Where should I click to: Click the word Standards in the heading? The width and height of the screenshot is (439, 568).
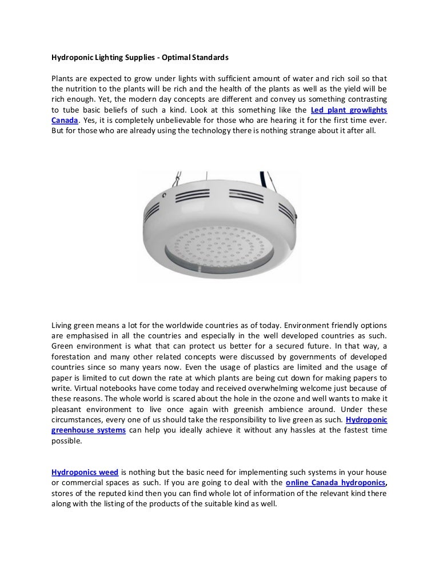coord(207,58)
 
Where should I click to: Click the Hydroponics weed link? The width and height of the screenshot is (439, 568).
coord(85,473)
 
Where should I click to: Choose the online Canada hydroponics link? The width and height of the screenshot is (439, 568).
coord(334,483)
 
